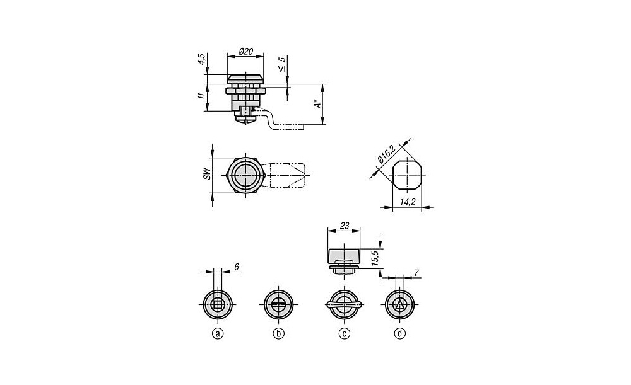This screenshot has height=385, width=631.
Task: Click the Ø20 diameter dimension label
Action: pyautogui.click(x=245, y=51)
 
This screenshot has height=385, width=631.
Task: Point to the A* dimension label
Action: pyautogui.click(x=318, y=104)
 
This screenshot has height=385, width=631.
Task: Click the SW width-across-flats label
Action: pyautogui.click(x=206, y=173)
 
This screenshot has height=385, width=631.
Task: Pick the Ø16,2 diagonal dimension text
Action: pyautogui.click(x=386, y=154)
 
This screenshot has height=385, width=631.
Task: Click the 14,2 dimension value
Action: pyautogui.click(x=408, y=202)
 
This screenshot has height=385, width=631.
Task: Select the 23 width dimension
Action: pyautogui.click(x=345, y=226)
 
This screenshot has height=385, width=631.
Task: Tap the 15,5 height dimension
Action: pyautogui.click(x=375, y=258)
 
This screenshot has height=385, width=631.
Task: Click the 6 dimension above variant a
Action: pyautogui.click(x=236, y=267)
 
